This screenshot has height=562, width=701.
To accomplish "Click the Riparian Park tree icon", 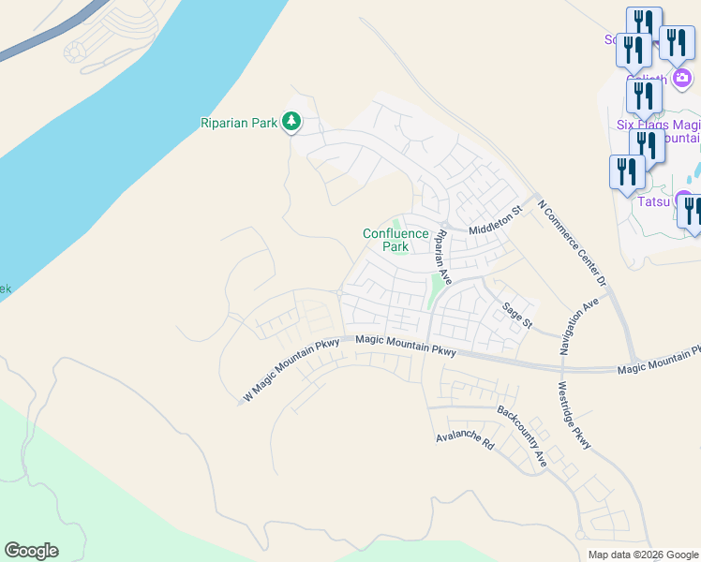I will [x=292, y=121].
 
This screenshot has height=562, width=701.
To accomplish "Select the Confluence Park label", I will [x=395, y=240].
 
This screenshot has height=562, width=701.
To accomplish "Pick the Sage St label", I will [x=516, y=316].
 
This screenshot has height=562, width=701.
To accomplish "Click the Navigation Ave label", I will [x=578, y=327].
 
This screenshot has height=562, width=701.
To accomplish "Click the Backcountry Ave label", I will [x=522, y=436].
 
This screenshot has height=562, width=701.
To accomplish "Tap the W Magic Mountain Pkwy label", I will [x=291, y=371].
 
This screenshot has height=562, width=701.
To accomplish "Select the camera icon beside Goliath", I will [x=683, y=77].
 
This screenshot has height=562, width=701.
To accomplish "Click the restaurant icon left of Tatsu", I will [x=626, y=172].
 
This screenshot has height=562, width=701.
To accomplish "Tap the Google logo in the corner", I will [x=31, y=551].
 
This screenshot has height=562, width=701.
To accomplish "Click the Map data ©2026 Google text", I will [x=642, y=555].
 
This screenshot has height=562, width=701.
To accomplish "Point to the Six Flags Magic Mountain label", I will [x=658, y=130].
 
